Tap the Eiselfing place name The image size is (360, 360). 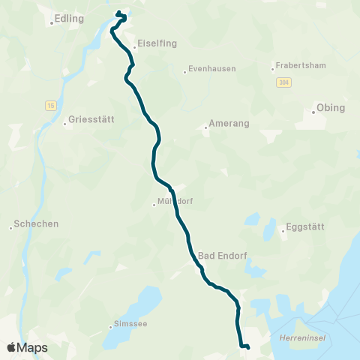pyautogui.click(x=157, y=43)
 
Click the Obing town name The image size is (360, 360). pyautogui.click(x=331, y=108)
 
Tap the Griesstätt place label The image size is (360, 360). pyautogui.click(x=89, y=118)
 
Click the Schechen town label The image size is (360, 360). pyautogui.click(x=37, y=223)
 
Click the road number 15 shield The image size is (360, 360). pyautogui.click(x=49, y=105)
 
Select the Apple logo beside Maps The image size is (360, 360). pyautogui.click(x=11, y=347)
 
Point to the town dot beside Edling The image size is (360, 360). pyautogui.click(x=52, y=22)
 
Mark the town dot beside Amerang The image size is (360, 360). pyautogui.click(x=205, y=127)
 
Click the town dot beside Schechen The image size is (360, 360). pyautogui.click(x=11, y=228)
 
